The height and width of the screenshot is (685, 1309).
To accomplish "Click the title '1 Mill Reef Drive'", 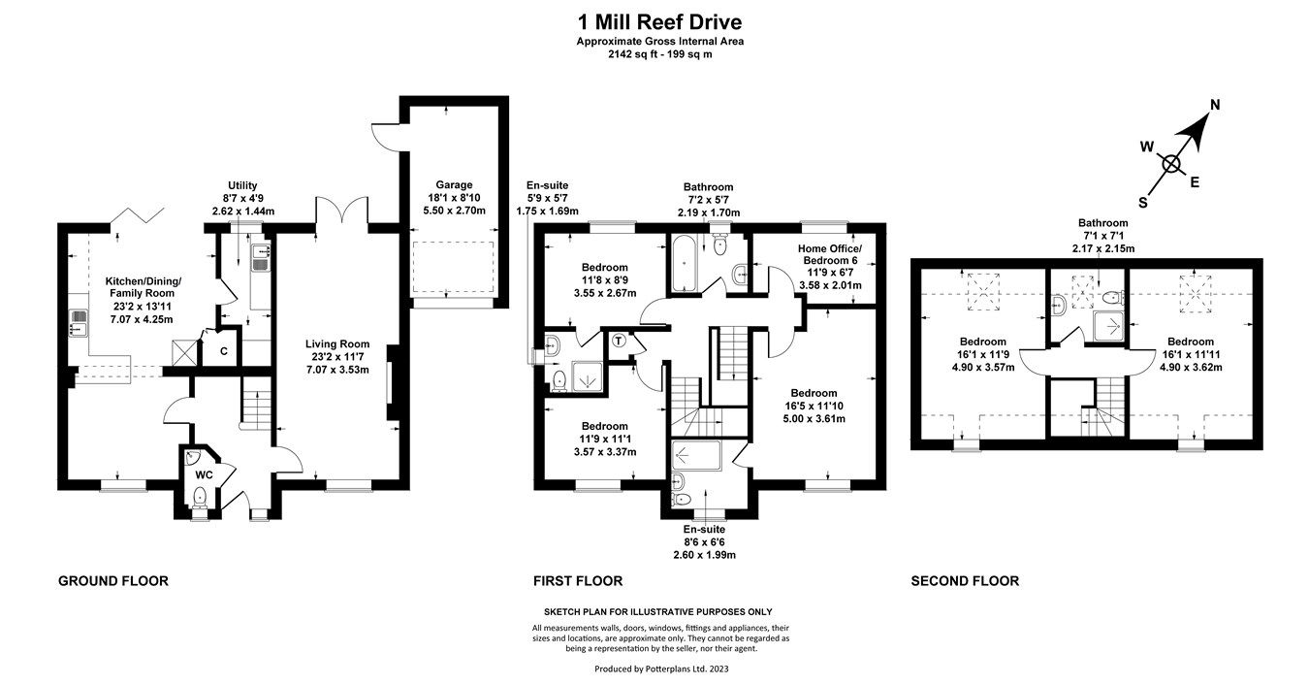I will click(x=659, y=21).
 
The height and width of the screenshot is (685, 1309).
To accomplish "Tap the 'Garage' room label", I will click(x=453, y=184).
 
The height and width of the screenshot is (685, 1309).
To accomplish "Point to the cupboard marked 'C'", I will click(x=223, y=351).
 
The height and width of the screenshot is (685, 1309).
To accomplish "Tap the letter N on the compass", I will click(x=1214, y=106).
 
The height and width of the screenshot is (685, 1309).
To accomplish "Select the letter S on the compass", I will click(x=1143, y=202).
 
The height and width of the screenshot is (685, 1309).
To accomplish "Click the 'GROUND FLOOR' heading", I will click(x=113, y=581).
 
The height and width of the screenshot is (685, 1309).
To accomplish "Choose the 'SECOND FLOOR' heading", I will click(x=965, y=581).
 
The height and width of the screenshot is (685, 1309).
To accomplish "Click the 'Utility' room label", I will click(x=242, y=185).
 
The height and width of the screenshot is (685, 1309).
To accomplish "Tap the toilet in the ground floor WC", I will click(x=200, y=498).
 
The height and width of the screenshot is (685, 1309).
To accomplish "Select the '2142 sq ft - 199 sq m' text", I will click(x=659, y=54).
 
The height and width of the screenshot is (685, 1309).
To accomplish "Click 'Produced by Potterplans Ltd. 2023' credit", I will click(x=659, y=669).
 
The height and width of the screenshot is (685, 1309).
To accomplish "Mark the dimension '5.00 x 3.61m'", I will click(x=815, y=419).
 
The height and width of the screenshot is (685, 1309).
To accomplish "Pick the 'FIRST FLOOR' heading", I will click(x=578, y=581).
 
